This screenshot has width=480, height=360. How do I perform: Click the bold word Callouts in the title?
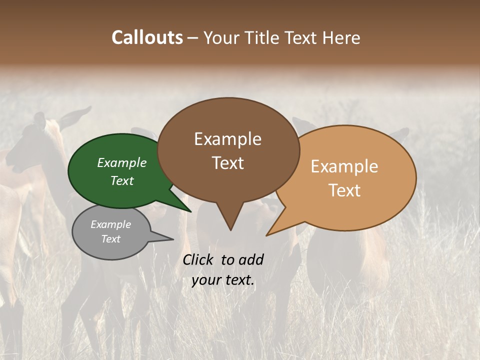point(147,37)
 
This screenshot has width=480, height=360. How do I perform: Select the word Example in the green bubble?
point(121,162)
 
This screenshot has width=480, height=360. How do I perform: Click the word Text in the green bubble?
point(121,180)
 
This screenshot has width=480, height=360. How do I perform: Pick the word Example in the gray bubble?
point(110,224)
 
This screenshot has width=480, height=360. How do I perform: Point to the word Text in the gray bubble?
point(110,239)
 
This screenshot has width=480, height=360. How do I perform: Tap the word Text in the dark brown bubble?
point(227,163)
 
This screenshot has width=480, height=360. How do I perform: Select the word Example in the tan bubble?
point(344,166)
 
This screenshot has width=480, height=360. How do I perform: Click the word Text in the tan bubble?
point(344,190)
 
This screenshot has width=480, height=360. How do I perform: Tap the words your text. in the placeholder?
point(222,280)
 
